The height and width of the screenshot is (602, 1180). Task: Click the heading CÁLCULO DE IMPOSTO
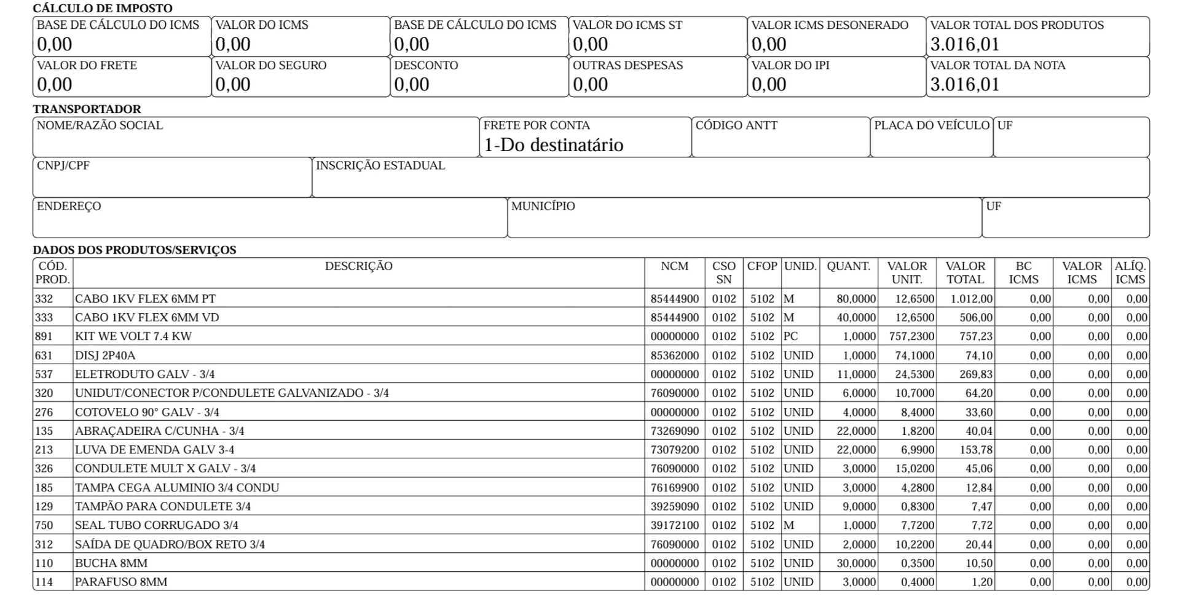pyautogui.click(x=102, y=9)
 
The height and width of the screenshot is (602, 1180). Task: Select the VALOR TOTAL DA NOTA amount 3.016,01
pyautogui.click(x=965, y=84)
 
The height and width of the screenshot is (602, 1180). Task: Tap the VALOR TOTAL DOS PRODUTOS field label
pyautogui.click(x=1017, y=25)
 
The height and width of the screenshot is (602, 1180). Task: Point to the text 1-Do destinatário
pyautogui.click(x=553, y=145)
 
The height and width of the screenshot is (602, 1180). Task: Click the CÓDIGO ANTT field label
pyautogui.click(x=736, y=125)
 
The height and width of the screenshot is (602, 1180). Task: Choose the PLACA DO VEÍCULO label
pyautogui.click(x=931, y=125)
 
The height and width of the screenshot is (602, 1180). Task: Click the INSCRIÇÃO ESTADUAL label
pyautogui.click(x=380, y=166)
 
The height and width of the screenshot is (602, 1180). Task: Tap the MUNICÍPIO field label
pyautogui.click(x=543, y=206)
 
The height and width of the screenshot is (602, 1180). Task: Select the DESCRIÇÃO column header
pyautogui.click(x=358, y=266)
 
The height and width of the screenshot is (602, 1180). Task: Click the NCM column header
pyautogui.click(x=674, y=266)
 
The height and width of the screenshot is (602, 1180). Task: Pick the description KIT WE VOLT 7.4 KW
pyautogui.click(x=133, y=337)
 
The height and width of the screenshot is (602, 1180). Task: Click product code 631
pyautogui.click(x=44, y=356)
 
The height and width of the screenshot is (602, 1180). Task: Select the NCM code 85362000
pyautogui.click(x=674, y=356)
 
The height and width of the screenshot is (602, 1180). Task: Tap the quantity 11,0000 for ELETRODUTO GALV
pyautogui.click(x=855, y=375)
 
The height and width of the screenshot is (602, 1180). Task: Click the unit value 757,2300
pyautogui.click(x=911, y=337)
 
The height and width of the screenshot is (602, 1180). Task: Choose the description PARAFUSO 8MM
pyautogui.click(x=121, y=582)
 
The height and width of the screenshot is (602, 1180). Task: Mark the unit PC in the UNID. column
pyautogui.click(x=791, y=337)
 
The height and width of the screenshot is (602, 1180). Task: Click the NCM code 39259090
pyautogui.click(x=674, y=507)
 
